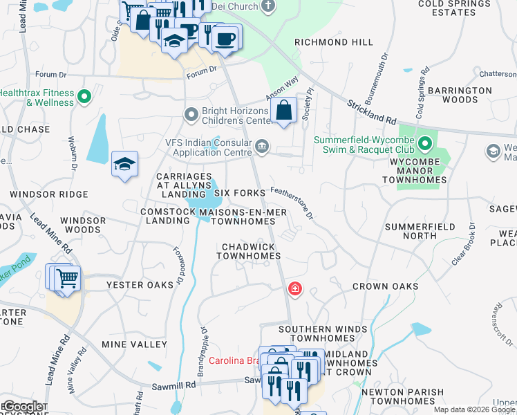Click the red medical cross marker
click(295, 288)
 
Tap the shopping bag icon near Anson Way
click(284, 110)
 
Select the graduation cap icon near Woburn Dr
click(124, 165)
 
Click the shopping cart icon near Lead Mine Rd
click(67, 279)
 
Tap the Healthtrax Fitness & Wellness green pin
click(85, 97)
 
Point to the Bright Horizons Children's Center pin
click(191, 113)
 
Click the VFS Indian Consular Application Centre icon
click(262, 146)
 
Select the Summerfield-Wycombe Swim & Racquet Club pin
click(425, 145)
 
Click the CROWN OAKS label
click(385, 286)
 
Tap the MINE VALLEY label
click(134, 344)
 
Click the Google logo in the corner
click(22, 407)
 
